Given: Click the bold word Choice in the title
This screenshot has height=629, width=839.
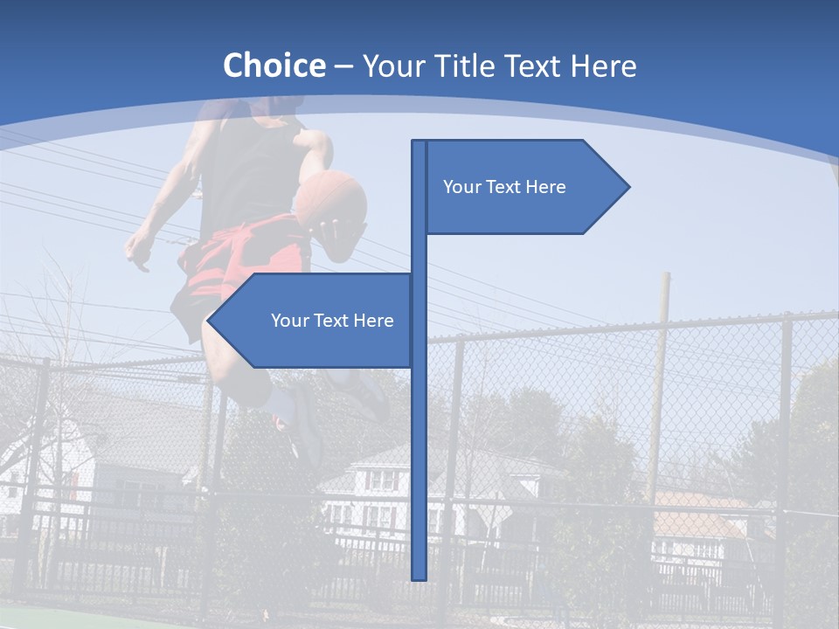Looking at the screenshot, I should pos(274,66).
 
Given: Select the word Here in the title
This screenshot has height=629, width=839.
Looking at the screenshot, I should pos(602,66).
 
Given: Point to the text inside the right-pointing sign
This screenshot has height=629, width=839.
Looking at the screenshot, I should pos(504,187).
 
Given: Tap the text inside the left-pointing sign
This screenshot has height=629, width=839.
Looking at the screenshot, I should pos(332,321).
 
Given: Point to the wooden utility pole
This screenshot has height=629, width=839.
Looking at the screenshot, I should pos(660,384).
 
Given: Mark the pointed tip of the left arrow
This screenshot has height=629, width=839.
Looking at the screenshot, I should pos(209,321).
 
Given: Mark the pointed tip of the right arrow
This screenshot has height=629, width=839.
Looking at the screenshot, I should pos(628,187).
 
